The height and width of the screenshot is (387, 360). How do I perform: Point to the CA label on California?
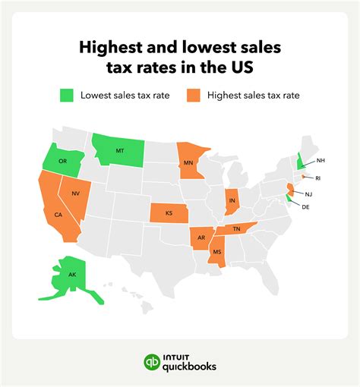click(x=58, y=215)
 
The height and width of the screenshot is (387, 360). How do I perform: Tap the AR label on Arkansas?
click(x=201, y=238)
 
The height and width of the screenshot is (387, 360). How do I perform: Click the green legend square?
click(x=68, y=96)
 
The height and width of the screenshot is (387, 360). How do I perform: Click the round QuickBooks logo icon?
click(x=153, y=363)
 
